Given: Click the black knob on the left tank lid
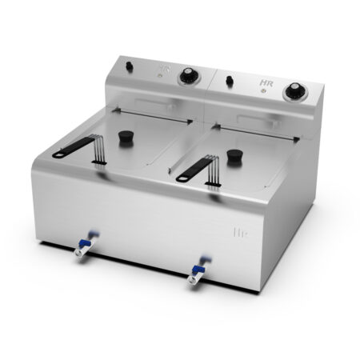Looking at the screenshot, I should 126,138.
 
